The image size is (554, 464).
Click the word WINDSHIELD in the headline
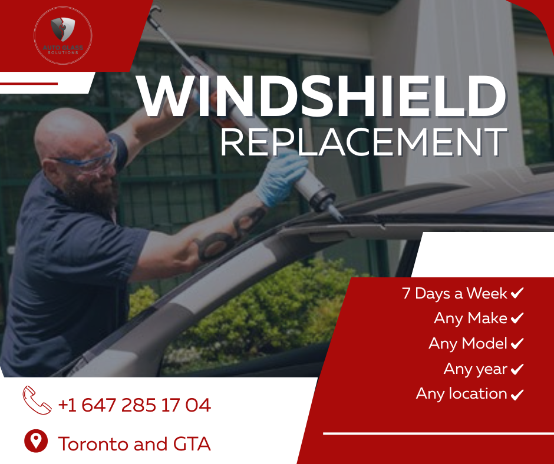pyautogui.click(x=322, y=95)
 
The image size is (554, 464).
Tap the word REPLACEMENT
pyautogui.click(x=364, y=142)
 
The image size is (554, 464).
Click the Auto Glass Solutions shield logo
pyautogui.click(x=63, y=35)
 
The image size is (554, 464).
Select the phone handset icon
pyautogui.click(x=37, y=400)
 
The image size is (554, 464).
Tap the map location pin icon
pyautogui.click(x=36, y=441)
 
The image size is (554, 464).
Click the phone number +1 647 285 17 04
pyautogui.click(x=134, y=405)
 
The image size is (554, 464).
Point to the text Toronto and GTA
pyautogui.click(x=134, y=444)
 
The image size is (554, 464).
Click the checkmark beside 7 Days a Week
pyautogui.click(x=517, y=293)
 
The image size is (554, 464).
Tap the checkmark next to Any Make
pyautogui.click(x=517, y=318)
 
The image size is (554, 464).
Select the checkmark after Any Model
pyautogui.click(x=517, y=343)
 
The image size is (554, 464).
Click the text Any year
pyautogui.click(x=475, y=369)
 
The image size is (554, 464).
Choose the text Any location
pyautogui.click(x=461, y=394)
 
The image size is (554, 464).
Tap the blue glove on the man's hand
pyautogui.click(x=281, y=177)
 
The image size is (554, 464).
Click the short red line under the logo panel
pyautogui.click(x=29, y=84)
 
